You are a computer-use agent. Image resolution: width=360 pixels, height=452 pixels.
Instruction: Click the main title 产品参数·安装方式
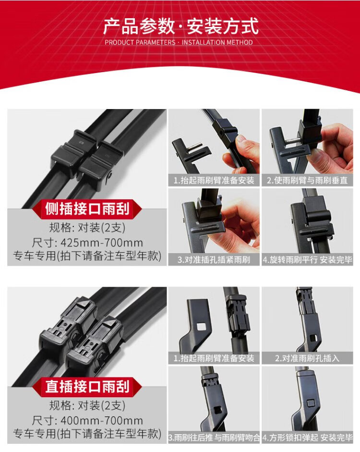click(x=180, y=26)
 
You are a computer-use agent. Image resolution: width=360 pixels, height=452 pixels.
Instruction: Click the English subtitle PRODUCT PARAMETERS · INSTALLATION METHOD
click(x=179, y=42)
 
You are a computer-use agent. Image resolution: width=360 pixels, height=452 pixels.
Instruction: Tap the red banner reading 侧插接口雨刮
click(x=87, y=208)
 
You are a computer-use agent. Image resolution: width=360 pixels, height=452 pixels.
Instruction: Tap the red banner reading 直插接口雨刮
click(x=87, y=387)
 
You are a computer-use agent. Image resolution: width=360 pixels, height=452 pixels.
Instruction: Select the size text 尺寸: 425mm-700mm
click(x=87, y=243)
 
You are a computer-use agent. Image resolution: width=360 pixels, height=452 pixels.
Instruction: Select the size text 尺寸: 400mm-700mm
click(x=87, y=421)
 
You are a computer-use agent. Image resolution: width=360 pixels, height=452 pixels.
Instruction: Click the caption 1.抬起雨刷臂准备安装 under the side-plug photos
click(x=214, y=181)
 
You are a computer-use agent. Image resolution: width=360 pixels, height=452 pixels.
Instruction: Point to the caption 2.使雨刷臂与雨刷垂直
click(x=307, y=181)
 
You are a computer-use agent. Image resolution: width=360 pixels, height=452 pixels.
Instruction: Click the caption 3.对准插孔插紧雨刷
click(x=214, y=260)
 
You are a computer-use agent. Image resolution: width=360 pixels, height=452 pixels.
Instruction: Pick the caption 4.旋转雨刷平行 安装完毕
click(x=307, y=260)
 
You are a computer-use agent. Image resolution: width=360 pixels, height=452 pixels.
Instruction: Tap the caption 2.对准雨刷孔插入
click(x=307, y=358)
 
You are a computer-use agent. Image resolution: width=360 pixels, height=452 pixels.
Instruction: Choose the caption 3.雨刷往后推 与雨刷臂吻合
click(x=214, y=438)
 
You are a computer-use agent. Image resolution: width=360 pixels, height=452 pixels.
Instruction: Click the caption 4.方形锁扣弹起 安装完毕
click(x=307, y=438)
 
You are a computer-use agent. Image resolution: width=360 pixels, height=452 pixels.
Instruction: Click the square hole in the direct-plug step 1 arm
click(x=201, y=326)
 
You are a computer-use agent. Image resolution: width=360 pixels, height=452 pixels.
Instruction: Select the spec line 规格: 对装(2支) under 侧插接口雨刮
click(x=87, y=228)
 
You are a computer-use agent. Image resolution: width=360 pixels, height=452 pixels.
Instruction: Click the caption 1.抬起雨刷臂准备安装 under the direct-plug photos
click(x=214, y=358)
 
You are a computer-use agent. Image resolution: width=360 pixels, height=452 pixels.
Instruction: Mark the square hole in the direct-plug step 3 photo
click(x=217, y=409)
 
